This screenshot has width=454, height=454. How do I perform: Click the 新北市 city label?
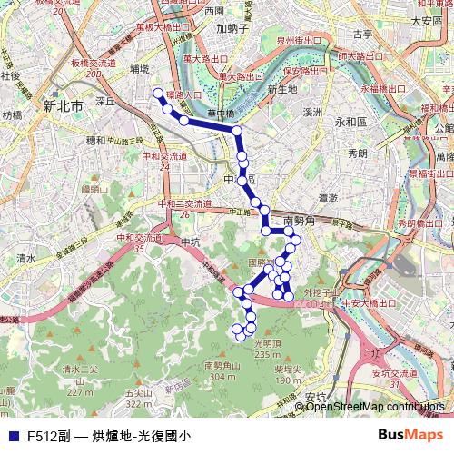(x=63, y=106)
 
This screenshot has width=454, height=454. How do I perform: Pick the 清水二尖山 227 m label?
(x=78, y=375)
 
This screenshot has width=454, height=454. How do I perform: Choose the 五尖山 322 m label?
(x=137, y=398)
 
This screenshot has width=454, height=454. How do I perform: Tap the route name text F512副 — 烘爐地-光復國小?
(x=109, y=436)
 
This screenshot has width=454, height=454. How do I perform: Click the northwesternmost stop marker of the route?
(x=158, y=94)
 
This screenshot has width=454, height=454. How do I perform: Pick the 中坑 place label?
(x=190, y=242)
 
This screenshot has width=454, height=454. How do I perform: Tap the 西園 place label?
(x=214, y=11)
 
